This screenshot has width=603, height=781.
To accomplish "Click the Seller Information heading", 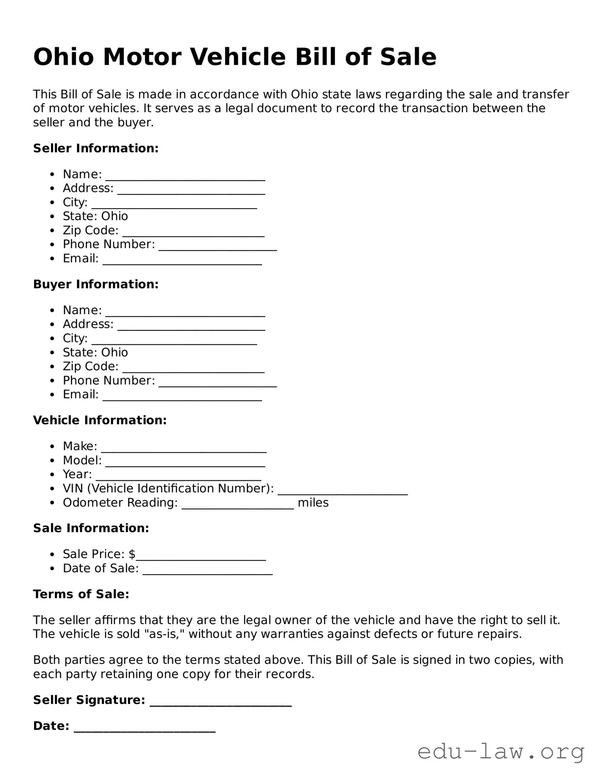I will click(96, 148).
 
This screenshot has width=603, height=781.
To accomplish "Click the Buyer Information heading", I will click(96, 284).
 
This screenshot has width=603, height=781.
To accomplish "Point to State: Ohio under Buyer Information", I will click(95, 353).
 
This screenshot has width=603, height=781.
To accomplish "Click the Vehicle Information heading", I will click(100, 420).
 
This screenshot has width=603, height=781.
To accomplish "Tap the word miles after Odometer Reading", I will click(313, 503).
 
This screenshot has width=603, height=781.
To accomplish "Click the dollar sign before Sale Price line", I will click(132, 554).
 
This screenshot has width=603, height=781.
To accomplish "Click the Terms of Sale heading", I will click(81, 594).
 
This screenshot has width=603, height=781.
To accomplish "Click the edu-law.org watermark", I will click(501, 752).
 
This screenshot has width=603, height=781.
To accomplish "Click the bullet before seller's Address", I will click(53, 189).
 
